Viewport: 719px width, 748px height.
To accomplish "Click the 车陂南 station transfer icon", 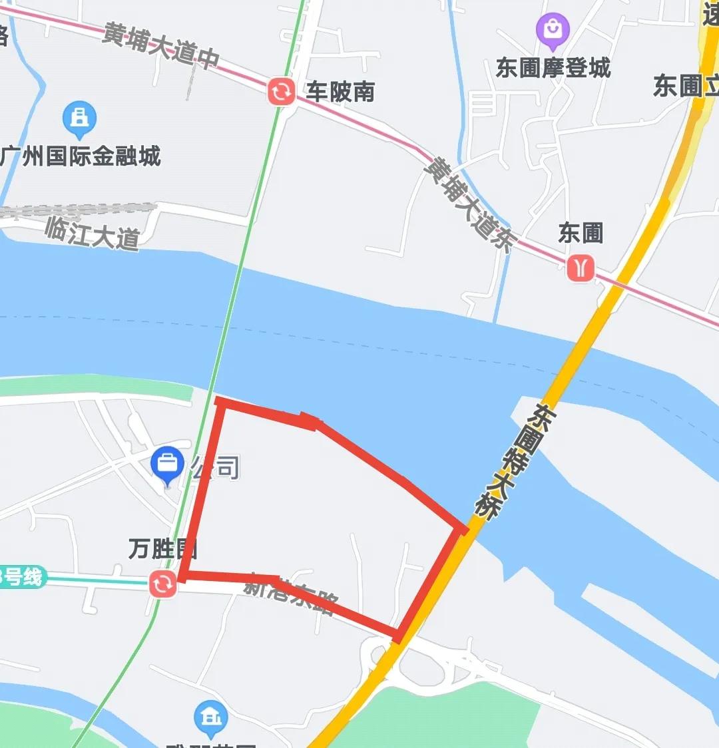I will pos(281,91).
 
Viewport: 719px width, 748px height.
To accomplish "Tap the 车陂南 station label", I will pos(340,92).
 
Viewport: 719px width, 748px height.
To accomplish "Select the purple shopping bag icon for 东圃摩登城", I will pos(553,30).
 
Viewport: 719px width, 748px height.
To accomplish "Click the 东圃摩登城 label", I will pos(553,67).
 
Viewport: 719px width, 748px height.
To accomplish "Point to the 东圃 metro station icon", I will pos(581,268).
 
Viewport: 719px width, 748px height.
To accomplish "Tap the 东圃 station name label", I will pos(581,234).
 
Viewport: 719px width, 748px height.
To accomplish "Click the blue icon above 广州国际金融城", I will pos(79,118).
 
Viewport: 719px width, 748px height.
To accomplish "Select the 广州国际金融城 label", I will pos(81,156).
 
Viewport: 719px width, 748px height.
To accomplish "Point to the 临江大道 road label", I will pos(93,234).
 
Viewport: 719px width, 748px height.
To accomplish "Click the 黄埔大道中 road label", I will pos(161,45).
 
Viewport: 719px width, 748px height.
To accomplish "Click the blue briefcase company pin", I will pos(168,464).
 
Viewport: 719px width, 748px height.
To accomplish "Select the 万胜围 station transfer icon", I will pos(163,584).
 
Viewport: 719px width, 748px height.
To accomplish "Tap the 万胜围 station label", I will pos(163,550).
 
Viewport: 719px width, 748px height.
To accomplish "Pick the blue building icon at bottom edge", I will pos(211,717).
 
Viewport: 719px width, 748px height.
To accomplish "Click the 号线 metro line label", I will pos(22,576).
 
